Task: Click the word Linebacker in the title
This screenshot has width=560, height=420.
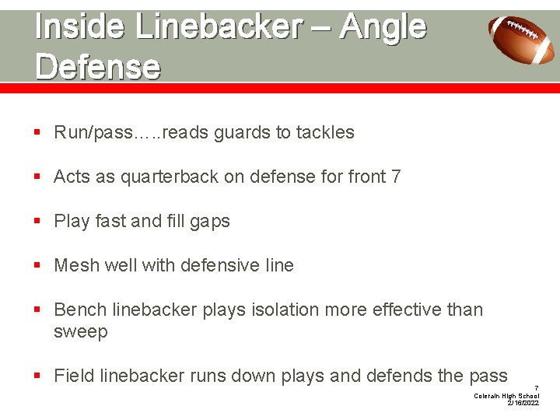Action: [218, 27]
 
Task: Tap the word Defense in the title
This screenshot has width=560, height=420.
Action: [98, 67]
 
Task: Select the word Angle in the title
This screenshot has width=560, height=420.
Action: [382, 27]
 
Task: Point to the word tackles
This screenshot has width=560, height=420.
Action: [325, 132]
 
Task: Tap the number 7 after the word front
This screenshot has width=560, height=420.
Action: [397, 177]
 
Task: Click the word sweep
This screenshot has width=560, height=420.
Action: [80, 332]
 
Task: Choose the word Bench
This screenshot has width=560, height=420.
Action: [80, 310]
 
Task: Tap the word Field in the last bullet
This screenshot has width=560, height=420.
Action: [74, 376]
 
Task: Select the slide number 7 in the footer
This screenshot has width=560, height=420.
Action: [536, 387]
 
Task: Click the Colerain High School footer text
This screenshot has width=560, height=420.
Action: [506, 396]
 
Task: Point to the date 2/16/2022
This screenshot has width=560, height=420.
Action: [523, 404]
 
